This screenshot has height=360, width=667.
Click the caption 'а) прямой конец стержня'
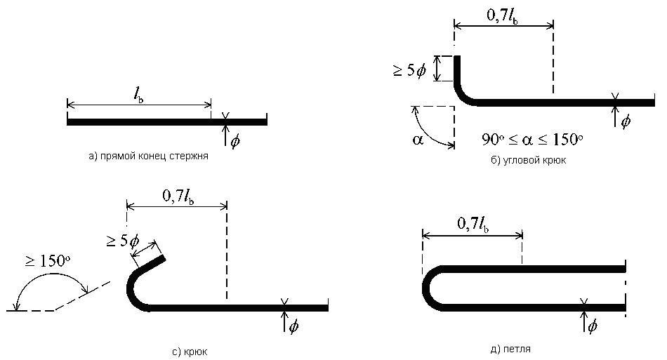click(x=148, y=156)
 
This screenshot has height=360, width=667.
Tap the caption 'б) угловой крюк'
click(x=528, y=160)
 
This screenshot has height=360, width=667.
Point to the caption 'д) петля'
click(x=510, y=349)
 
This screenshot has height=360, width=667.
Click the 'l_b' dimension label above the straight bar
click(x=138, y=95)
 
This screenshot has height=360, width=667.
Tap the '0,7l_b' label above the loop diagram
click(x=473, y=224)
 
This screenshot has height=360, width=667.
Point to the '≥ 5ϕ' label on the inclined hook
click(x=122, y=241)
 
